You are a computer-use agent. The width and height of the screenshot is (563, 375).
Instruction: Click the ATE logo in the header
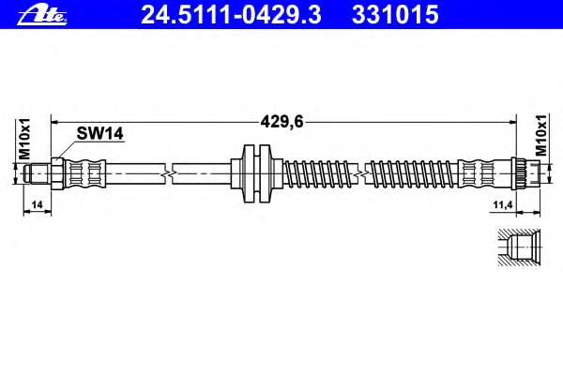tap(42, 15)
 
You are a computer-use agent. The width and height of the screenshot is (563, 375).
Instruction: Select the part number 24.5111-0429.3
tap(231, 15)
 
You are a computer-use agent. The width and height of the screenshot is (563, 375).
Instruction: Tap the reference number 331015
tap(395, 15)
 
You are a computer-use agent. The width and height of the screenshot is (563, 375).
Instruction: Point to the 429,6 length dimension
tap(281, 122)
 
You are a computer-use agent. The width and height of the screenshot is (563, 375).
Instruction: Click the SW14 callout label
tap(99, 133)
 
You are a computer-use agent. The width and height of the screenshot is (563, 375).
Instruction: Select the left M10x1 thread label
tap(24, 139)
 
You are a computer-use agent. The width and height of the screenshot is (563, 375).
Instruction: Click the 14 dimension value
tap(37, 204)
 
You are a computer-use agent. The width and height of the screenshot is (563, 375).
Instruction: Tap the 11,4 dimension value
tap(502, 205)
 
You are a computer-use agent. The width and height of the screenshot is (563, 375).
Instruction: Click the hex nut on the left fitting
tap(57, 174)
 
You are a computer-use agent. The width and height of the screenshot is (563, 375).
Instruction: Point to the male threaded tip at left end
tap(37, 174)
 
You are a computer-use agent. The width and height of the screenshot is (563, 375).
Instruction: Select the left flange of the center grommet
tap(249, 173)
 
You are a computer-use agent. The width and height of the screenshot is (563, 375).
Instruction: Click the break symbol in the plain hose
tap(169, 174)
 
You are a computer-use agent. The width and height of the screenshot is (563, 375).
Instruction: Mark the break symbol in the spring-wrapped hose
tap(361, 174)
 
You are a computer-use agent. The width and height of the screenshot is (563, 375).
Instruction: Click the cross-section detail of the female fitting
tap(519, 247)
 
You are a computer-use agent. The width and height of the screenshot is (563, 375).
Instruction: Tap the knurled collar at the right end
tap(519, 173)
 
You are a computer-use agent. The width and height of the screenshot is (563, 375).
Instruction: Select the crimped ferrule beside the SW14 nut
tap(84, 174)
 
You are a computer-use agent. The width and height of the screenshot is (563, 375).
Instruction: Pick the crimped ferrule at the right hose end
tap(479, 174)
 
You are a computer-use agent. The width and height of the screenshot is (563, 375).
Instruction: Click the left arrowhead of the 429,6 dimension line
tap(55, 123)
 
